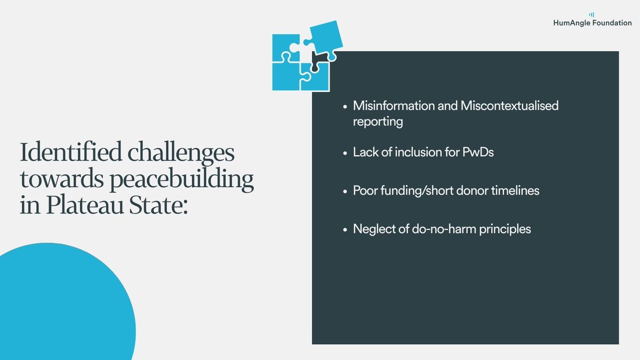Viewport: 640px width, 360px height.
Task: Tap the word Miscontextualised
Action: (509, 106)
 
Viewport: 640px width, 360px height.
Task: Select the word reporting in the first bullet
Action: (378, 122)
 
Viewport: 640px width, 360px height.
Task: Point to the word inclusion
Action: (420, 152)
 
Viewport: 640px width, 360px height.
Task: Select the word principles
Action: (504, 229)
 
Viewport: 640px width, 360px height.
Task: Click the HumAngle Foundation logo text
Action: (593, 23)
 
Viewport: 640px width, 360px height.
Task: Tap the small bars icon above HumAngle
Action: (591, 14)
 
